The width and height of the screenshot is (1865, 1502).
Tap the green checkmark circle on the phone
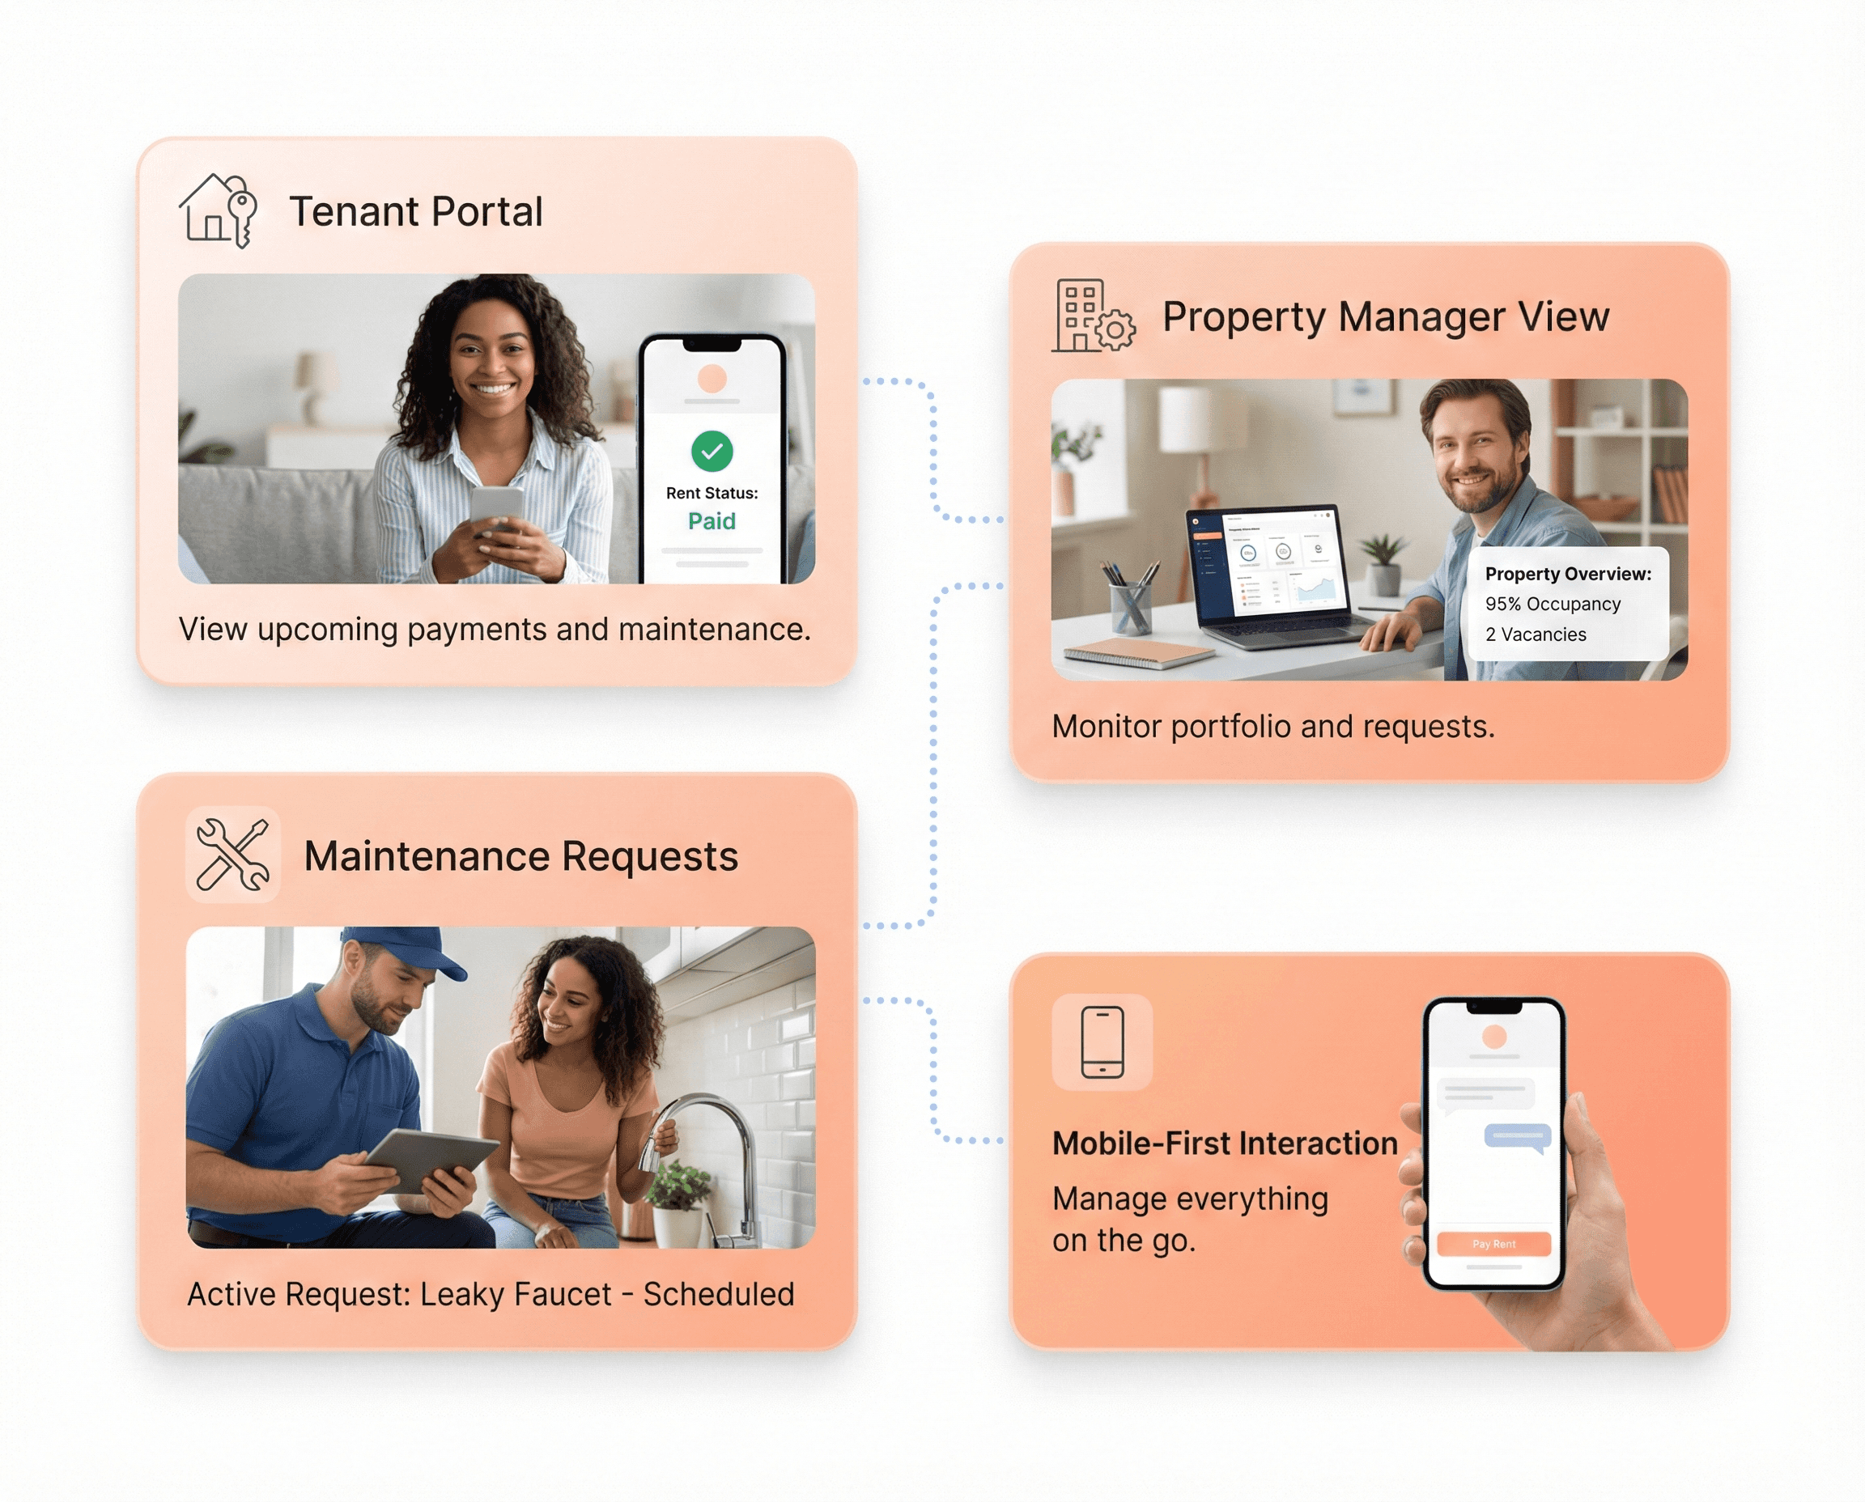[x=712, y=451]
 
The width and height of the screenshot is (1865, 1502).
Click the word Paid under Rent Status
[x=712, y=521]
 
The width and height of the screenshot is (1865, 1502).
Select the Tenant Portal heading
[x=415, y=211]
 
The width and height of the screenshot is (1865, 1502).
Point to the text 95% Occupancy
[x=1553, y=604]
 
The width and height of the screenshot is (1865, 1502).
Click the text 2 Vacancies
[x=1536, y=634]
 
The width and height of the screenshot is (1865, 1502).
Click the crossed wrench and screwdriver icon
[x=232, y=855]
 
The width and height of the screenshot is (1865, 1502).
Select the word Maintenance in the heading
[x=427, y=856]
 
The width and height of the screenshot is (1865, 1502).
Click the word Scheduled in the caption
[x=718, y=1294]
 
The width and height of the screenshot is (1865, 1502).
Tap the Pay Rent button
[x=1493, y=1244]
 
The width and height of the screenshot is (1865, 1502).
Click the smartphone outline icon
[x=1102, y=1042]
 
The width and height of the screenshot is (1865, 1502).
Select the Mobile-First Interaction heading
[x=1225, y=1143]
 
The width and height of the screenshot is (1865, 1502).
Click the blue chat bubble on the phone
[x=1517, y=1135]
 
